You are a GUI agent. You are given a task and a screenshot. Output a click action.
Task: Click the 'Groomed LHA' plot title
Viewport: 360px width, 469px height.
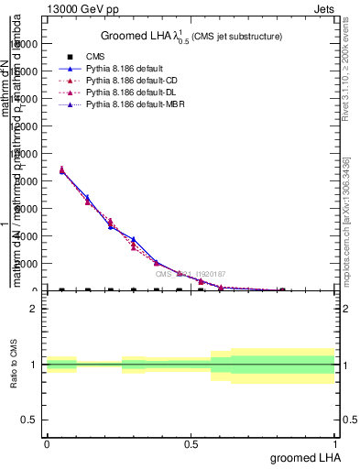coord(191,36)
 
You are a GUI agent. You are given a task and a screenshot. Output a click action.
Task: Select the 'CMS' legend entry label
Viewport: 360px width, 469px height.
coord(95,57)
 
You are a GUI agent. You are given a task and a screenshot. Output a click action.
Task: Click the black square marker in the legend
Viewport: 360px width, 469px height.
coord(70,57)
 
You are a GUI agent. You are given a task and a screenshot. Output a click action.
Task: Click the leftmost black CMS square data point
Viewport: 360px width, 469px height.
coord(61,290)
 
